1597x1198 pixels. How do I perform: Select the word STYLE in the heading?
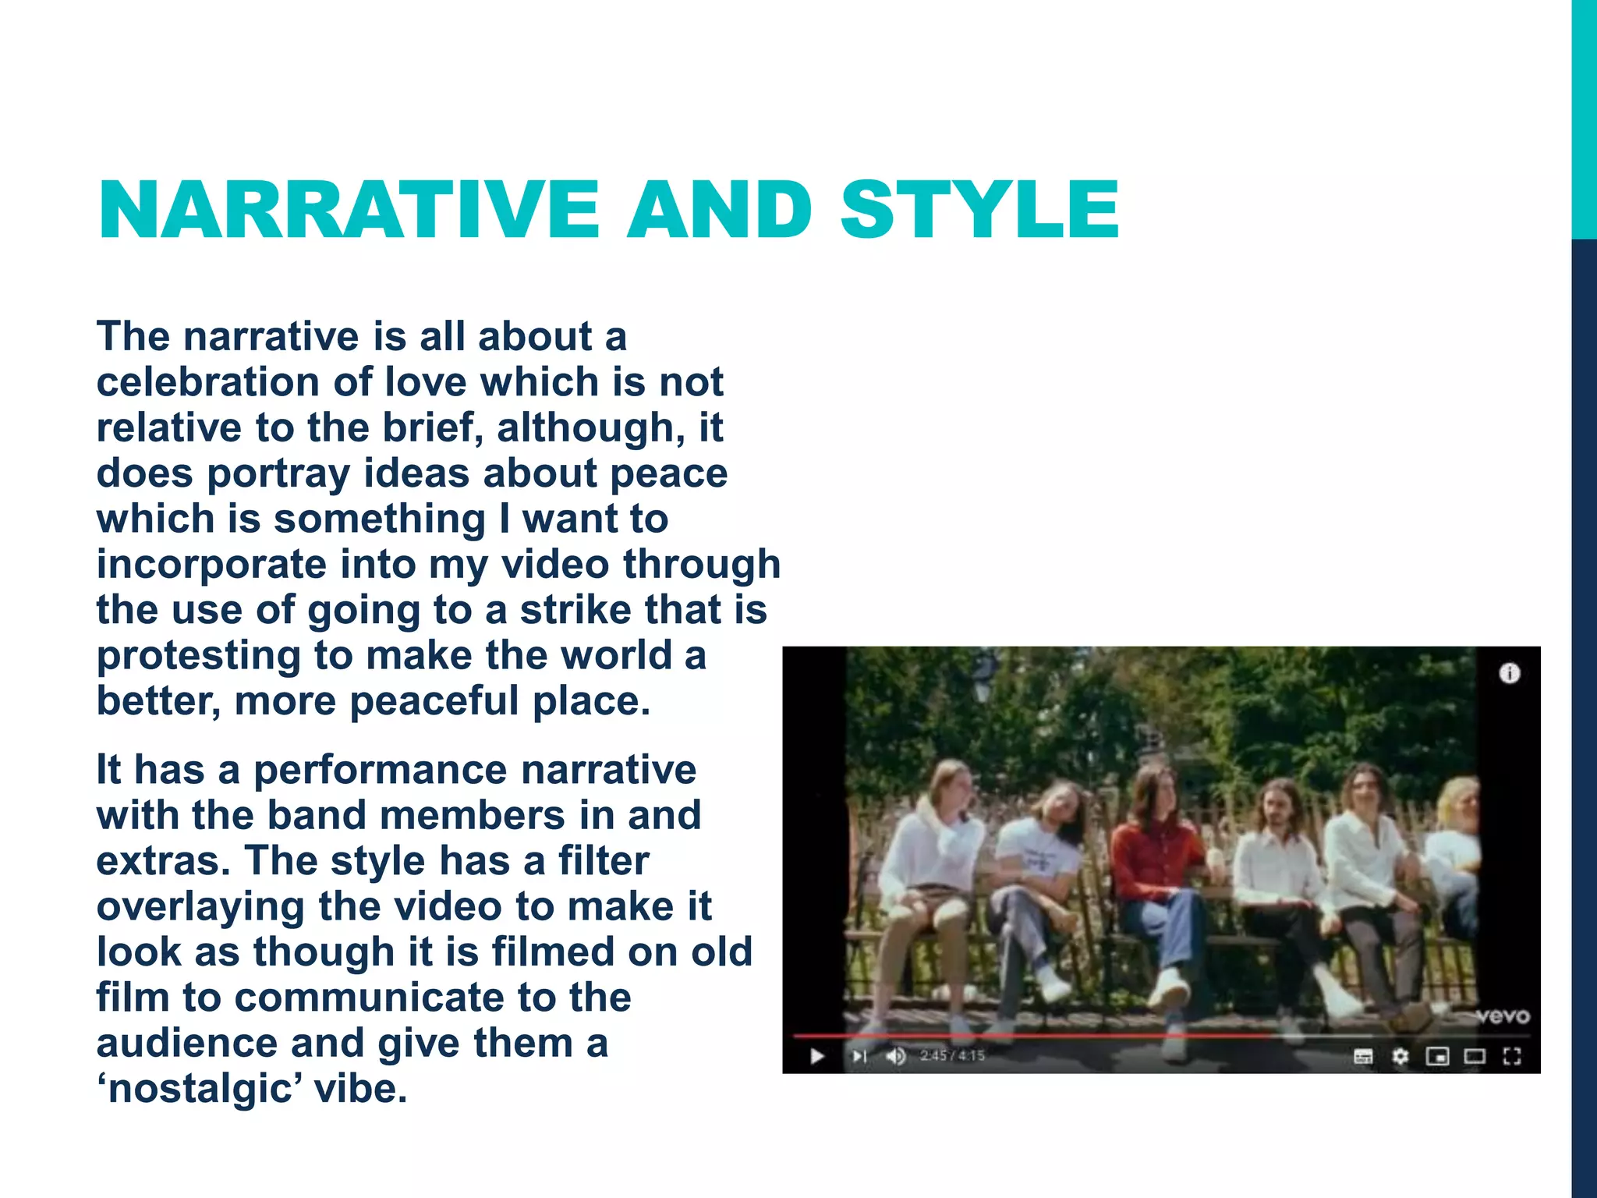coord(979,210)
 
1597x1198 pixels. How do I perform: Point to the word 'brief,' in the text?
coord(433,427)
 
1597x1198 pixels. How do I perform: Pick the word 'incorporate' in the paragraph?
coord(211,564)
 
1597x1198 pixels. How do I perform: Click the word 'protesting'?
coord(198,655)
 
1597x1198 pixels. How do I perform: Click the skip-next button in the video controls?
coord(859,1056)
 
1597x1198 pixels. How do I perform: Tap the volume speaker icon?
coord(895,1056)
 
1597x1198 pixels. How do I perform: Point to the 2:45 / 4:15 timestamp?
coord(952,1056)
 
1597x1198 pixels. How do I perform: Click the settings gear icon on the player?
coord(1400,1056)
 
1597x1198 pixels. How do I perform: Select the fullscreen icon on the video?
coord(1511,1056)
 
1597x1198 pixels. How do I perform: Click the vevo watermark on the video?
coord(1502,1015)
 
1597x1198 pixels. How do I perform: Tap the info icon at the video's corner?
coord(1510,673)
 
